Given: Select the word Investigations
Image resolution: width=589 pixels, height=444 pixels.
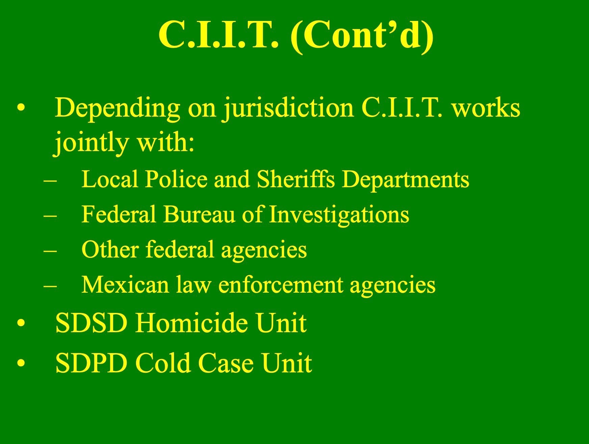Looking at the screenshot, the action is pos(339,215).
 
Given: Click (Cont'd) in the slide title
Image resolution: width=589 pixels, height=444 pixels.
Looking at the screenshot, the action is pos(362,34).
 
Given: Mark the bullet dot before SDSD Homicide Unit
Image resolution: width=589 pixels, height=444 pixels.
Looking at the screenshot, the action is pos(21,323).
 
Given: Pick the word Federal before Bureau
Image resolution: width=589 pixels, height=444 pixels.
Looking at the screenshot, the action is pos(119,214).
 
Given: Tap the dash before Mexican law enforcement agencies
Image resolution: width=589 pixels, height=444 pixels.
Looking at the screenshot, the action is pos(50,287).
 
